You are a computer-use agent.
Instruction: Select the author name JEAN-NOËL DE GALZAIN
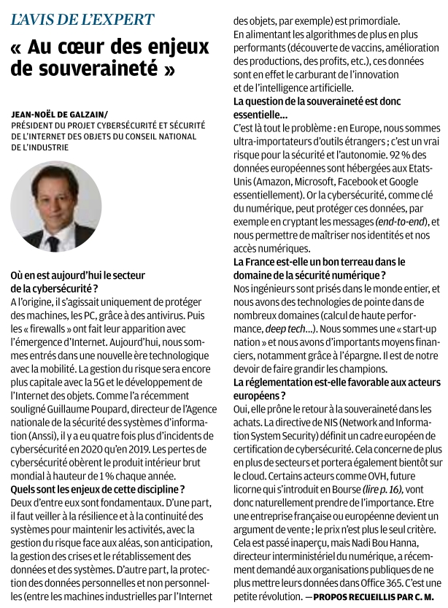click(x=58, y=115)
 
